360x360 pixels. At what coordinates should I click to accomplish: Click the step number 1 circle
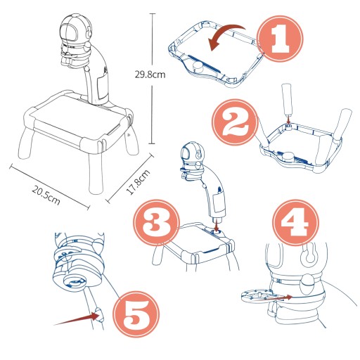280,39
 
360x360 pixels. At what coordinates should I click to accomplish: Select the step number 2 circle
235,122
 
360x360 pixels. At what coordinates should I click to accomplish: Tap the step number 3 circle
157,223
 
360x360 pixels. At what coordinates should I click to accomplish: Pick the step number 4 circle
295,223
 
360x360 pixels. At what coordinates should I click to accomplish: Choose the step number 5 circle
136,314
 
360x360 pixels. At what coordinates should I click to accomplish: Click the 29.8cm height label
150,75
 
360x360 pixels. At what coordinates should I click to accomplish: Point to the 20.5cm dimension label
46,195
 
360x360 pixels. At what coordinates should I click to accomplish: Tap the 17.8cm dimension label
138,182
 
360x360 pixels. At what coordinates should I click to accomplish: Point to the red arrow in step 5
77,319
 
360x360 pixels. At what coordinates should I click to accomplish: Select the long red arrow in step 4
272,298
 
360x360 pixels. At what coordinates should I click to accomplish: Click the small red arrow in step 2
288,120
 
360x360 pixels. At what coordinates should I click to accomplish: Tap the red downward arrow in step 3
217,224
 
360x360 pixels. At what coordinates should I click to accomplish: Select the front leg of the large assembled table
96,174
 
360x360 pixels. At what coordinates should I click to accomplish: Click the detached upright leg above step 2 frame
288,100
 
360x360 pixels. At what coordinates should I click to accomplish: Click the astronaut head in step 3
192,153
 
